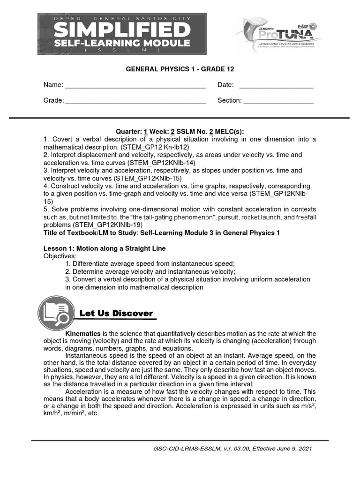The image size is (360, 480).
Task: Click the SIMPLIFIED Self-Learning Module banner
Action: [122, 34]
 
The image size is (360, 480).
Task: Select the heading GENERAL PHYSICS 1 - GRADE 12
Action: [180, 69]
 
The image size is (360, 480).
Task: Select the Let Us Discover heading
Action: [116, 313]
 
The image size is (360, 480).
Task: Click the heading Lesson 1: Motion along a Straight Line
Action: [105, 248]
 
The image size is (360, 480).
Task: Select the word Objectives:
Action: [60, 256]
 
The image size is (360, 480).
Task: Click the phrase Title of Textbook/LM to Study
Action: [90, 233]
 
